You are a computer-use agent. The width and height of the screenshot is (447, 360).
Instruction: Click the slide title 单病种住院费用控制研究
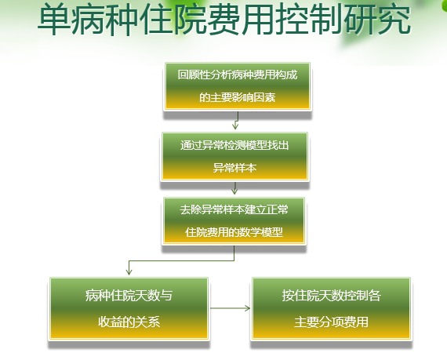[224, 20]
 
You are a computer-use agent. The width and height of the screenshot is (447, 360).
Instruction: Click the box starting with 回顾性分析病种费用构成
[238, 86]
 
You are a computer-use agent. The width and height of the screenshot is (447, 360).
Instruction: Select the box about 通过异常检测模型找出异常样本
[234, 157]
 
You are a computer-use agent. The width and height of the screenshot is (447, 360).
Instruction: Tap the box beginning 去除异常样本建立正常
[234, 221]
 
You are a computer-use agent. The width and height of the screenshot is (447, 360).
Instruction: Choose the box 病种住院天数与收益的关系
[129, 308]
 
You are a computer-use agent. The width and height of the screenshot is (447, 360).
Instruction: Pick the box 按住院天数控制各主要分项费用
[331, 308]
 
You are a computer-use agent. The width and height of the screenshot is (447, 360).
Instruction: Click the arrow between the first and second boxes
[236, 120]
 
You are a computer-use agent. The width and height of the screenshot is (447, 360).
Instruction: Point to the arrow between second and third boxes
[234, 188]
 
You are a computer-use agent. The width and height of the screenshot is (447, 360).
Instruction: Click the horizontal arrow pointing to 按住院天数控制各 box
[231, 308]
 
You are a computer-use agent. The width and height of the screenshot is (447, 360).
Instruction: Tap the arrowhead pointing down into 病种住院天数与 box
[129, 271]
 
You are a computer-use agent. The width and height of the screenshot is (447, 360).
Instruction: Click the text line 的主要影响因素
[237, 97]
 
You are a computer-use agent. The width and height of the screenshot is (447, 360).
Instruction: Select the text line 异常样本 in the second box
[234, 168]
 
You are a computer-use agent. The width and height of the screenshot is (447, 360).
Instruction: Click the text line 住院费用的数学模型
[234, 232]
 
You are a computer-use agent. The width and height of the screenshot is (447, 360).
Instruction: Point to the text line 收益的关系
[129, 322]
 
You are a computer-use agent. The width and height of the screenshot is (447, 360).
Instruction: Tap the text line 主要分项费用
[331, 322]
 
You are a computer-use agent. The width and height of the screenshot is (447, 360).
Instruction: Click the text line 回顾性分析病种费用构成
[238, 75]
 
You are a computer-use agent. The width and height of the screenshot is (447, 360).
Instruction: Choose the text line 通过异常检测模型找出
[234, 145]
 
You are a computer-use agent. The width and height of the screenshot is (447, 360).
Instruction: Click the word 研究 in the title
[377, 20]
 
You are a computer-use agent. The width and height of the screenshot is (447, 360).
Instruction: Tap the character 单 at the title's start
[54, 20]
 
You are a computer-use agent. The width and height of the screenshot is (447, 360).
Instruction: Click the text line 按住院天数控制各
[331, 296]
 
